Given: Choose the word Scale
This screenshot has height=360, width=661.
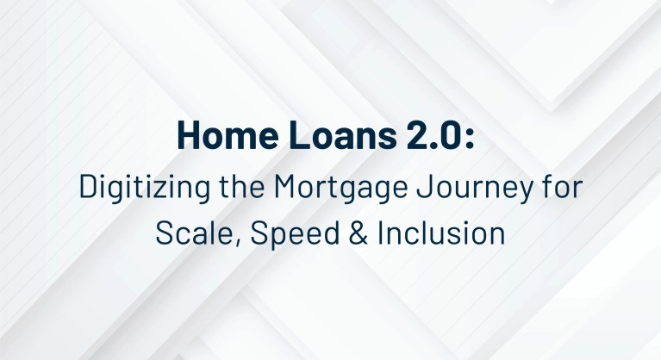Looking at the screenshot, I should (187, 233).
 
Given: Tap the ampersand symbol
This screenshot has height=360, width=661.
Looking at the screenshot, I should (334, 233).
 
